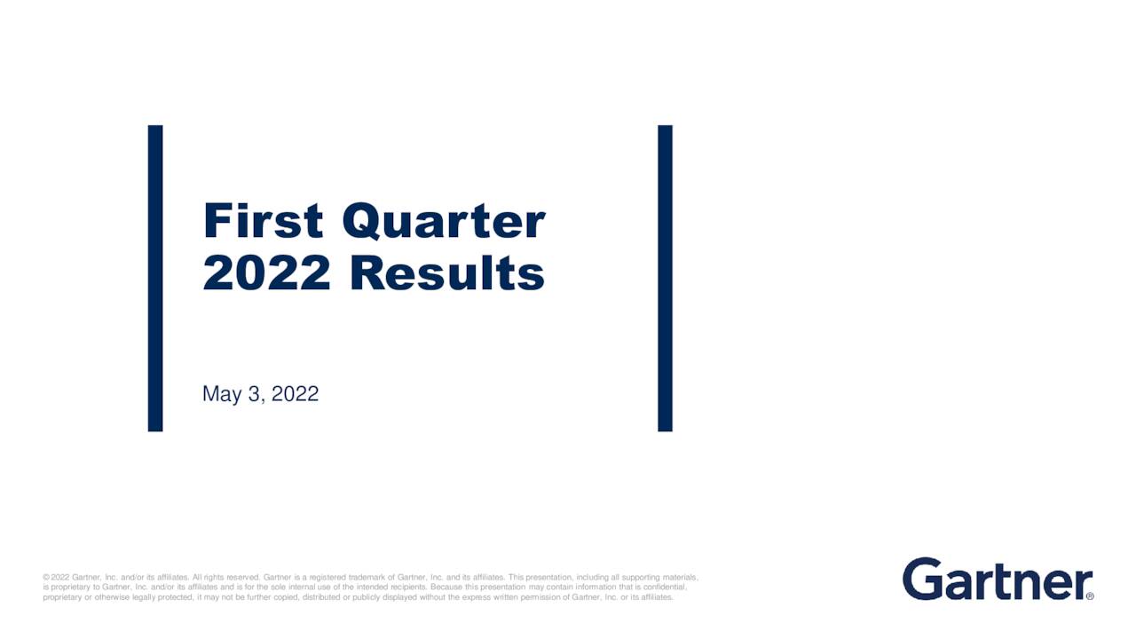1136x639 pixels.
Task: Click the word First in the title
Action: pos(264,221)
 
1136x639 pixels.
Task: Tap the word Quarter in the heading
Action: pos(445,222)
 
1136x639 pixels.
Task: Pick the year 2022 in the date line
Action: pos(296,393)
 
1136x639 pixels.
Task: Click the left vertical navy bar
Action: pos(155,279)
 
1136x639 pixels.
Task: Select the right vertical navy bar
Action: pos(666,279)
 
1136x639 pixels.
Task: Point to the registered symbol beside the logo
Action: pos(1090,596)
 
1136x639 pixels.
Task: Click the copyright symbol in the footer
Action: pos(46,577)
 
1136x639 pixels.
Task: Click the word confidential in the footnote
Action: pos(666,588)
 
